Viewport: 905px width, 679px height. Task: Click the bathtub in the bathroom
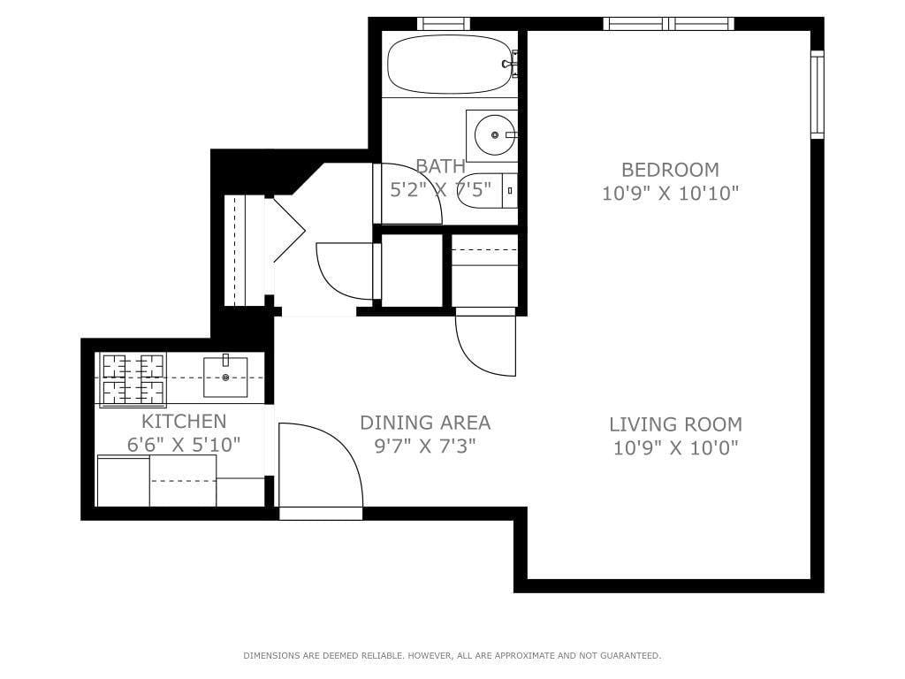click(449, 64)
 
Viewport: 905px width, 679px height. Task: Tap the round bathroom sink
click(491, 135)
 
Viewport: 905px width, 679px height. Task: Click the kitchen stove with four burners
click(133, 379)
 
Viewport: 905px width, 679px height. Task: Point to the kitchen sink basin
click(225, 378)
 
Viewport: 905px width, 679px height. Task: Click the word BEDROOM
click(670, 169)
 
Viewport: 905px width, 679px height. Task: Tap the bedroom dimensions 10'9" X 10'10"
click(670, 193)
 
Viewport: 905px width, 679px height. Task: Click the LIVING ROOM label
click(677, 424)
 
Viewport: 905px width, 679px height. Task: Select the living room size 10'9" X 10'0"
click(676, 448)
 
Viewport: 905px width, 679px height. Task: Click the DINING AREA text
click(425, 423)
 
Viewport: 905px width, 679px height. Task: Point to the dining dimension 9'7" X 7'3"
click(425, 446)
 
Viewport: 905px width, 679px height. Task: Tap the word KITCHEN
click(184, 421)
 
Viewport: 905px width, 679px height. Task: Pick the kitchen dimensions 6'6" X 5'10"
click(184, 445)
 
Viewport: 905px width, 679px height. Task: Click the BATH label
click(440, 166)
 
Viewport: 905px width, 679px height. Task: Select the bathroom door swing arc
click(411, 196)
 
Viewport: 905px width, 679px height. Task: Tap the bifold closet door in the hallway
click(288, 230)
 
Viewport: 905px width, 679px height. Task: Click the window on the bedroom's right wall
click(817, 95)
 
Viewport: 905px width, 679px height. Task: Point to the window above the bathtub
click(443, 24)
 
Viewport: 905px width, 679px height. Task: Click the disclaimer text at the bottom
click(452, 656)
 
